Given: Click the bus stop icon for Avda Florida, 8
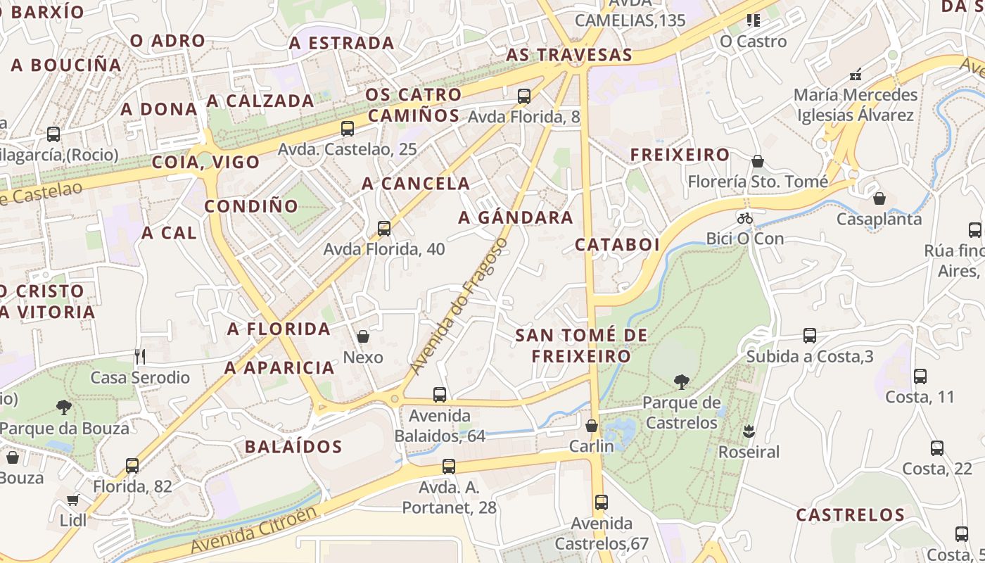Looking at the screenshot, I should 523,96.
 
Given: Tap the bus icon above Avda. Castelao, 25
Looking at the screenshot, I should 348,128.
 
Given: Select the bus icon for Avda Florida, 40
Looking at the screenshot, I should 384,228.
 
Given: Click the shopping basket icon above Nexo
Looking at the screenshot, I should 363,336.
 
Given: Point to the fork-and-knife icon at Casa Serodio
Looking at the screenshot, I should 139,357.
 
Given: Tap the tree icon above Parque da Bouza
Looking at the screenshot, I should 64,407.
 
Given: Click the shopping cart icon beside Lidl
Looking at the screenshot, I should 72,500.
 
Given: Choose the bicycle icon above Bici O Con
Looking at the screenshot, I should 745,218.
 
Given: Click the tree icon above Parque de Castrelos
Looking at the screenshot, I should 681,382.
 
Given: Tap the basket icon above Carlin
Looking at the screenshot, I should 592,426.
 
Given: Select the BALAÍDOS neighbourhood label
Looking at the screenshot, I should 293,446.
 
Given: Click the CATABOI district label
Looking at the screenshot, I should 617,244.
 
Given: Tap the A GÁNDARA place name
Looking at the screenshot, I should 516,217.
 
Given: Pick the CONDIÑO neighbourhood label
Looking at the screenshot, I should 251,206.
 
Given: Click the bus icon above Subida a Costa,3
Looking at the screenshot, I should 810,336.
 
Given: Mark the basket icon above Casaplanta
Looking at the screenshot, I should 879,198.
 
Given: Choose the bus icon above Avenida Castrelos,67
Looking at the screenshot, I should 601,502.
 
